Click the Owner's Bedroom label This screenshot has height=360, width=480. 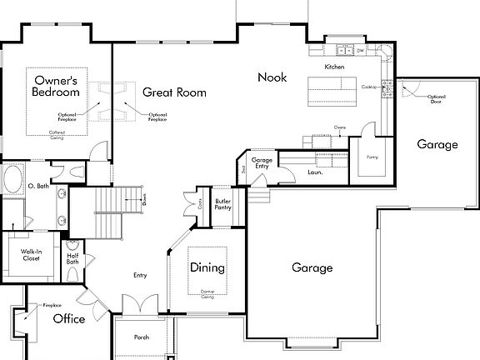55,87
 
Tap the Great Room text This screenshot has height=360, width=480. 174,92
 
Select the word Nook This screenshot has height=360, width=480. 272,77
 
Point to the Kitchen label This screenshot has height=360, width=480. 334,66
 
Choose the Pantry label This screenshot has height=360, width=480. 372,155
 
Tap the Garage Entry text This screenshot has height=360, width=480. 262,162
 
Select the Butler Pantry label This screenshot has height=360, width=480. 222,204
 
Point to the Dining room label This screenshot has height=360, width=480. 207,267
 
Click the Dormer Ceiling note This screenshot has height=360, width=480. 208,294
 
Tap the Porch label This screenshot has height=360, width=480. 142,337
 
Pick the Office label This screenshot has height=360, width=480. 69,318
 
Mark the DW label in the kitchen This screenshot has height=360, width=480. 360,52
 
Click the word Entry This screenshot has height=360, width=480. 140,274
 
